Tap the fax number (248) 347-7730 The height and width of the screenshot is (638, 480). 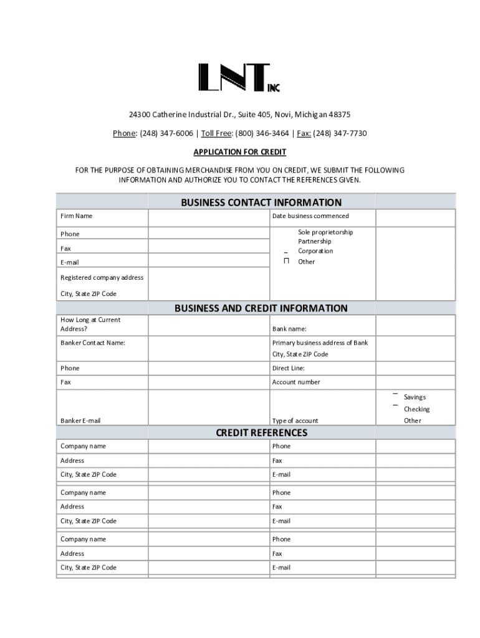click(340, 133)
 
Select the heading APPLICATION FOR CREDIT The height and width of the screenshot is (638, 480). click(239, 152)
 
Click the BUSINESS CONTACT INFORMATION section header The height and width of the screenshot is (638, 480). click(261, 202)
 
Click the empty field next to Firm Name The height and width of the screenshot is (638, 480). click(208, 217)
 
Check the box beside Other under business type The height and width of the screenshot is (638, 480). click(286, 261)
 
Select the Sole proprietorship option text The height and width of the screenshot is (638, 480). click(325, 232)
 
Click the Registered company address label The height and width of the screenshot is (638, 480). click(102, 277)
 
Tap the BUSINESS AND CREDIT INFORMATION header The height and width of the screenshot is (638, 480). click(261, 308)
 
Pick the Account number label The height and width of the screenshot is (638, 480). click(296, 382)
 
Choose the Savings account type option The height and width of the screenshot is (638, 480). click(415, 397)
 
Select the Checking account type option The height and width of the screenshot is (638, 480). click(416, 409)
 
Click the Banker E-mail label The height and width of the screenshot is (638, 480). click(80, 421)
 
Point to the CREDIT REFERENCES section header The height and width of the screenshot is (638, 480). click(261, 432)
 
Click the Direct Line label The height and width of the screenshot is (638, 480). click(288, 368)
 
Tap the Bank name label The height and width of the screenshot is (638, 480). click(289, 328)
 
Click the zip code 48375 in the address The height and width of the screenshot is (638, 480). click(339, 115)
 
